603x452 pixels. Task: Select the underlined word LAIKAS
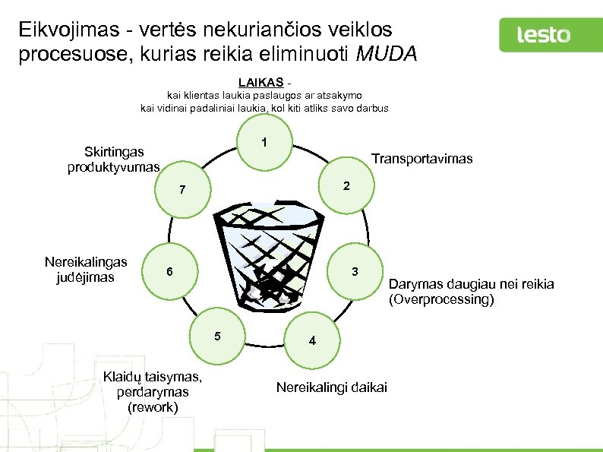tap(261, 81)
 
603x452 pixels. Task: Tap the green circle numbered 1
tap(264, 143)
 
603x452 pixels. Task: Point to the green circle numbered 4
tap(312, 340)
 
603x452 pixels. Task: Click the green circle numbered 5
tap(218, 336)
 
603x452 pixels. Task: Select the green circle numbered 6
tap(170, 272)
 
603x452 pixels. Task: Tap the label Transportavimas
tap(421, 159)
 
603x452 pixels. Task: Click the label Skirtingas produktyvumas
tap(114, 159)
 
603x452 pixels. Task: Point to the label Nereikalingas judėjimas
tap(86, 270)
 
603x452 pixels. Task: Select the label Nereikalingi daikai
tap(331, 387)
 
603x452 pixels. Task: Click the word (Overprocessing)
tap(441, 299)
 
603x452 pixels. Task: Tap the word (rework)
tap(153, 407)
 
